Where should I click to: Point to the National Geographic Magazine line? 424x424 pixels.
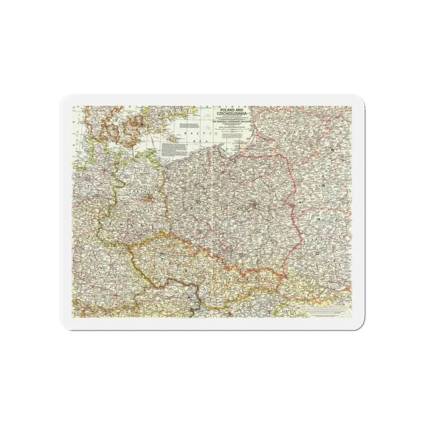(x=230, y=123)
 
